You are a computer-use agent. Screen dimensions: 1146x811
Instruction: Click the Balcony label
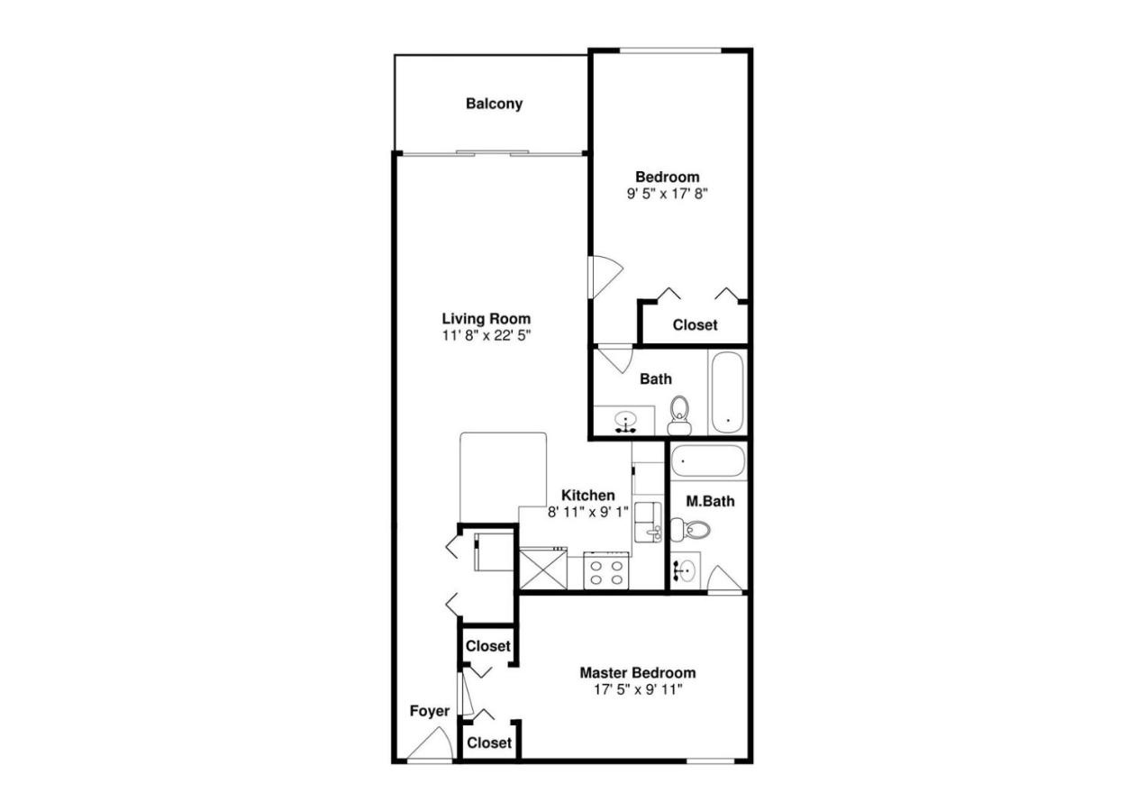coord(494,104)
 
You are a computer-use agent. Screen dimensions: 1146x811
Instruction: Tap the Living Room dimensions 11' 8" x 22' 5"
coord(487,335)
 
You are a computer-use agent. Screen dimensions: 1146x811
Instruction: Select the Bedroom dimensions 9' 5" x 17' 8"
coord(667,194)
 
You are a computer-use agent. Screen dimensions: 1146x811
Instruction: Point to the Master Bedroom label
coord(638,673)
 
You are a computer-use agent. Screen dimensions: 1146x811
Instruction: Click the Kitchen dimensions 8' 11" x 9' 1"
coord(587,512)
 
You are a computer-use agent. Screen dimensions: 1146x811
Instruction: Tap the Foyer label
coord(429,711)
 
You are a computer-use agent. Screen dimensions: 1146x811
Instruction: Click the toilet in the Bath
coord(679,415)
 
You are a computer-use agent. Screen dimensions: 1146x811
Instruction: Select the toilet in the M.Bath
coord(690,530)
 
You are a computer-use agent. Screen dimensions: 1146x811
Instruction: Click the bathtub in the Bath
coord(727,393)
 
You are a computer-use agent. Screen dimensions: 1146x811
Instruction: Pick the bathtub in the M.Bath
coord(708,461)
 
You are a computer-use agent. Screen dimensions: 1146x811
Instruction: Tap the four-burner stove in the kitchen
coord(605,570)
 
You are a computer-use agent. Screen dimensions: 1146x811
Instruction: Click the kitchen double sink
coord(648,522)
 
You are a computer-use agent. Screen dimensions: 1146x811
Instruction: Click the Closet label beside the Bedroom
coord(695,325)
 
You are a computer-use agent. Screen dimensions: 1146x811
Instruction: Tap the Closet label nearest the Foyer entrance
coord(488,743)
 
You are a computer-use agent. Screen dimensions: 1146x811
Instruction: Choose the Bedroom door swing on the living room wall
coord(605,277)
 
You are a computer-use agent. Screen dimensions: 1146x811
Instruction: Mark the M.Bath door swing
coord(724,579)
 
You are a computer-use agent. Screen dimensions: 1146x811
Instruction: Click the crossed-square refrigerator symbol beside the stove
coord(543,569)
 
